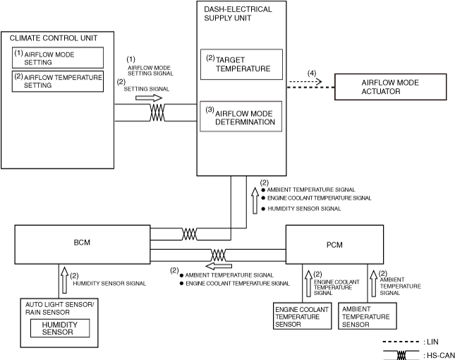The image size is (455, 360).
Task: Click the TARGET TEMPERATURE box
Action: click(x=241, y=65)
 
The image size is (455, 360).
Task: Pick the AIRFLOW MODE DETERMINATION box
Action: click(x=241, y=116)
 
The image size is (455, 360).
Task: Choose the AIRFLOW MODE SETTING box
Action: click(x=58, y=57)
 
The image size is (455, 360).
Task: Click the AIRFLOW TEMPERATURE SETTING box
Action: click(x=58, y=80)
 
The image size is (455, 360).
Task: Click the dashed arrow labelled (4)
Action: click(x=305, y=82)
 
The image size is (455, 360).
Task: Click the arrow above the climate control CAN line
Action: click(x=141, y=99)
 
